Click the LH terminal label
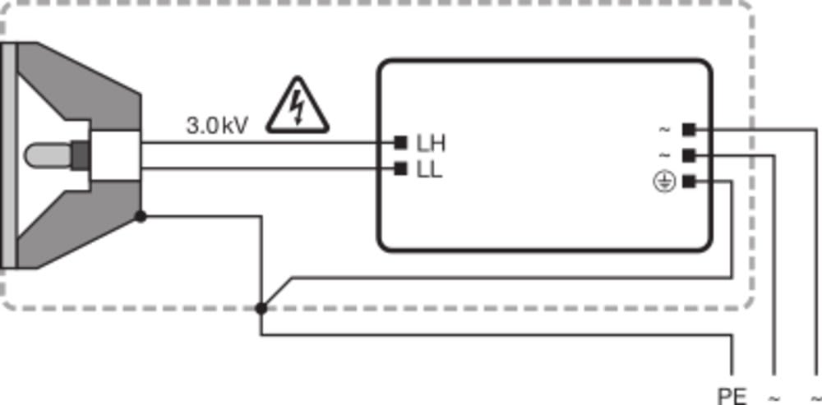[x=431, y=144]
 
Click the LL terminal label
[x=429, y=170]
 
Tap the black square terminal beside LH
[x=400, y=142]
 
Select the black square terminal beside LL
[x=400, y=168]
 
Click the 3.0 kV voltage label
[x=216, y=126]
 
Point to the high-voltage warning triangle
[x=298, y=105]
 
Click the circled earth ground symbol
[x=664, y=182]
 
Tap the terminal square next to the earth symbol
[x=689, y=182]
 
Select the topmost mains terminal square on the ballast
[x=689, y=129]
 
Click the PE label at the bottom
[x=732, y=397]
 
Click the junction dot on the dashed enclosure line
[x=261, y=309]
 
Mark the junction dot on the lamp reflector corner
[x=141, y=216]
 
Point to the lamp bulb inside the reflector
[x=48, y=155]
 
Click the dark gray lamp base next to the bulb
[x=81, y=155]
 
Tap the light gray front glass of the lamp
[x=9, y=155]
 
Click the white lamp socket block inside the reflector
[x=114, y=155]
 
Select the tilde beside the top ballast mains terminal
[x=664, y=129]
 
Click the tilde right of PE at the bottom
[x=774, y=398]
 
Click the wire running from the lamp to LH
[x=267, y=142]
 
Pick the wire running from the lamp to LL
[x=267, y=168]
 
